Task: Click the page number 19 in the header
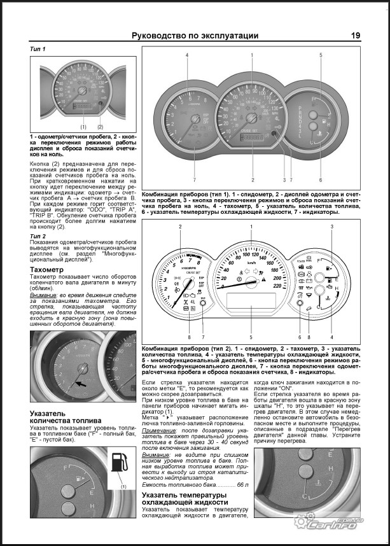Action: [356, 36]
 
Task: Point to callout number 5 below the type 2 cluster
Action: [251, 337]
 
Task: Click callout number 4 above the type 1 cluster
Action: [187, 55]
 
